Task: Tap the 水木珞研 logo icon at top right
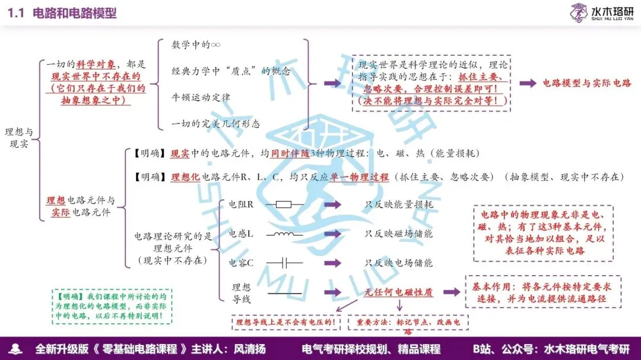579,12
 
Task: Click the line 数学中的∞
196,45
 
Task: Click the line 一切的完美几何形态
215,123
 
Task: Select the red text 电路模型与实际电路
587,83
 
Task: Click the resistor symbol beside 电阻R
284,205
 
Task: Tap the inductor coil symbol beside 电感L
284,234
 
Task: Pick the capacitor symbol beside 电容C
284,262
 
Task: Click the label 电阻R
241,205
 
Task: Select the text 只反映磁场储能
398,234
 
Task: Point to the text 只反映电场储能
398,262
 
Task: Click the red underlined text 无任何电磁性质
398,292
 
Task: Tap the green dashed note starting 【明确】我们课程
112,307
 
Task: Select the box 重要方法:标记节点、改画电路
408,323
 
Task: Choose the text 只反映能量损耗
398,205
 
